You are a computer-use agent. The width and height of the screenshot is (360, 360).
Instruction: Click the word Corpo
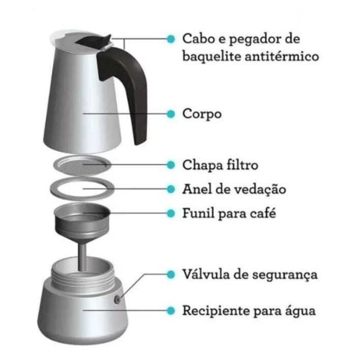(202, 114)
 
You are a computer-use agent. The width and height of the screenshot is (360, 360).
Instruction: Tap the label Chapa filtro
(220, 165)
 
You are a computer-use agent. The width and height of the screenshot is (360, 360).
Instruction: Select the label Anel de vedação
(234, 190)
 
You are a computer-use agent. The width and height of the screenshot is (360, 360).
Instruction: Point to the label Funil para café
(229, 213)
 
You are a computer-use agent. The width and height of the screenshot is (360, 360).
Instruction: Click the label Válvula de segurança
(250, 275)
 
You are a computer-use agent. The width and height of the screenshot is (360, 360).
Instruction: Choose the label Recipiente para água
(249, 311)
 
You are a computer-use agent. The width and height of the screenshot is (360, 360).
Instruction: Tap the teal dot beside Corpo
(171, 114)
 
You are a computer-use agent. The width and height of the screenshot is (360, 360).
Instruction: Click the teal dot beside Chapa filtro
(171, 165)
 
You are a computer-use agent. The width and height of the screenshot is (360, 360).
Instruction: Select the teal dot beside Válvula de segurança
(171, 275)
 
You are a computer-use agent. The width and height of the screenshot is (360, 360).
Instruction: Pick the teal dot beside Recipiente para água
(171, 311)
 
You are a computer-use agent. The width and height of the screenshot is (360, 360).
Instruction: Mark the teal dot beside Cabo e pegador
(171, 39)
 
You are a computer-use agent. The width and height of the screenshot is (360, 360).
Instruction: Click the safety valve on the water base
(117, 299)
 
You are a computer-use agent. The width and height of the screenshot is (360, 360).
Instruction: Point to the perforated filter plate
(82, 165)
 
